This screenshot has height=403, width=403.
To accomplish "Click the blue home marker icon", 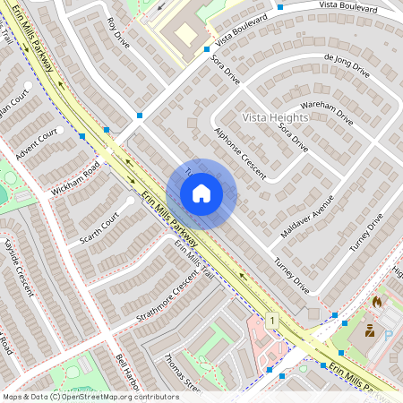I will pyautogui.click(x=201, y=193).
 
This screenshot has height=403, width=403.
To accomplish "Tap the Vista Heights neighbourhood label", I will pyautogui.click(x=275, y=117).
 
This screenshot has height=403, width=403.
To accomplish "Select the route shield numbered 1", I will pyautogui.click(x=270, y=320).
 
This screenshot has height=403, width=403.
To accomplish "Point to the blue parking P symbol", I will pyautogui.click(x=389, y=335).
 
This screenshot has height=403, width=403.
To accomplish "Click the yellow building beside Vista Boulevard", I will pyautogui.click(x=184, y=34).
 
